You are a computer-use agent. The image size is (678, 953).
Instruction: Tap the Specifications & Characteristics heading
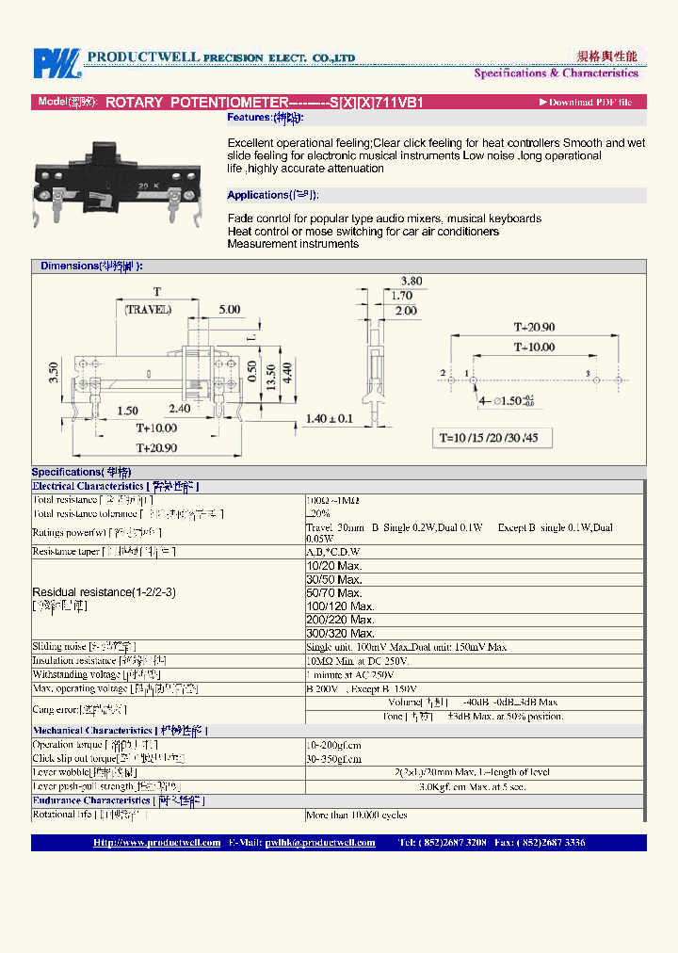[x=556, y=73]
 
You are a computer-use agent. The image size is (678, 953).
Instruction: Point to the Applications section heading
[x=272, y=195]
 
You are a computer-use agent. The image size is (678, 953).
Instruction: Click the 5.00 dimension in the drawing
[x=229, y=309]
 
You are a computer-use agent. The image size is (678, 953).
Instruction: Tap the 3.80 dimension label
[x=412, y=281]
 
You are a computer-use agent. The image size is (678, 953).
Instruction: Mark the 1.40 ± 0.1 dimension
[x=329, y=418]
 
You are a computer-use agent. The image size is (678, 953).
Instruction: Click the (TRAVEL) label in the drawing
[x=149, y=309]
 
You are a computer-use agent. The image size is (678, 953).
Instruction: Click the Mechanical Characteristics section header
[x=120, y=730]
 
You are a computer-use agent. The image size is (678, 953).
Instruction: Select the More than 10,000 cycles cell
[x=356, y=815]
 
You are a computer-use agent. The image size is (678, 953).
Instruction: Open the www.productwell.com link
[x=157, y=843]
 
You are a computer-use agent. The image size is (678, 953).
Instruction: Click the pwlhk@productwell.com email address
[x=319, y=843]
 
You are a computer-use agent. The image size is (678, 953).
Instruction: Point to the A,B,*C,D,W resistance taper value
[x=333, y=551]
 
